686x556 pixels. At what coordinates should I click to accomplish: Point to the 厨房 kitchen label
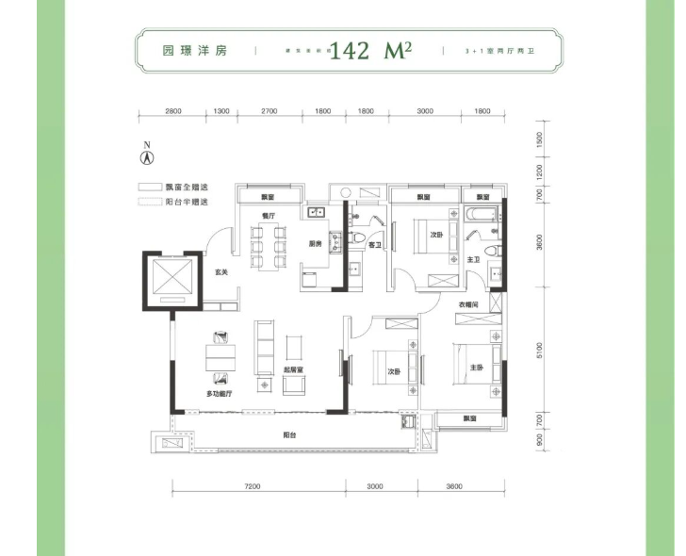tap(316, 244)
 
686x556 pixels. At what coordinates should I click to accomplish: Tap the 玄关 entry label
tap(220, 272)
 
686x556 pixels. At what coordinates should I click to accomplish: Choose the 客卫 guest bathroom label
tap(374, 245)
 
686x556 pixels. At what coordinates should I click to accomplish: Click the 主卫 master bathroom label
tap(474, 259)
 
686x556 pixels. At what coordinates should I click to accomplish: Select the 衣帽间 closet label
tap(469, 304)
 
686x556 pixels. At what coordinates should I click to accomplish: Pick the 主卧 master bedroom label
tap(477, 368)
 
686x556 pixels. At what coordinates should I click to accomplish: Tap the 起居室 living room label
tap(290, 369)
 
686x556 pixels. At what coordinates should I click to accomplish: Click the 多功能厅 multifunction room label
tap(220, 393)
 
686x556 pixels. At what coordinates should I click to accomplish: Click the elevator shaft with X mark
tap(171, 280)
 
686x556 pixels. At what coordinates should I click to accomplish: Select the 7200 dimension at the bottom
tap(252, 487)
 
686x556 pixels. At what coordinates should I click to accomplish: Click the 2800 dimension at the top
tap(172, 111)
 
